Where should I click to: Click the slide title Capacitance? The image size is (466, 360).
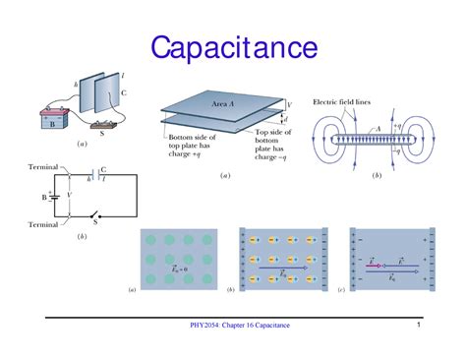pyautogui.click(x=233, y=46)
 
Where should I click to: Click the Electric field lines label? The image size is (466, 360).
pyautogui.click(x=345, y=101)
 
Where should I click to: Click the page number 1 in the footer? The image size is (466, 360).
pyautogui.click(x=418, y=326)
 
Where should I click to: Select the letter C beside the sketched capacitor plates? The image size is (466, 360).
pyautogui.click(x=122, y=93)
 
